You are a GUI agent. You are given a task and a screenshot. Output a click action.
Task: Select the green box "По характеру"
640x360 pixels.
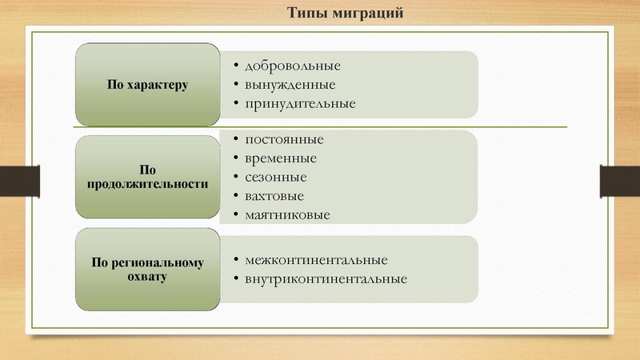(147, 84)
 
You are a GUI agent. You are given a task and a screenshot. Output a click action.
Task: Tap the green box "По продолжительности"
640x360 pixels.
(147, 177)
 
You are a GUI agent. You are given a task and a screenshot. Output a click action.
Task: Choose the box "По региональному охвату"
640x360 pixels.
(147, 269)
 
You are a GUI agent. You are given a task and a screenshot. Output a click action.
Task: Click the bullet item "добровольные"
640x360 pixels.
(294, 65)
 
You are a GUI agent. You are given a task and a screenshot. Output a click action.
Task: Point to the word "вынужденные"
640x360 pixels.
(291, 85)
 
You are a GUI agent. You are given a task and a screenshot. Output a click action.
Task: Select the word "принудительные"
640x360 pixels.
(301, 104)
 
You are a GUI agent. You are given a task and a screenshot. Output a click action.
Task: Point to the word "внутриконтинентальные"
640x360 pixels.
(326, 279)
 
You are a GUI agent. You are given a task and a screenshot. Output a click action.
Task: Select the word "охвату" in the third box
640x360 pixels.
(147, 276)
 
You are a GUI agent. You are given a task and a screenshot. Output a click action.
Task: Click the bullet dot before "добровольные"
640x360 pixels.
(229, 66)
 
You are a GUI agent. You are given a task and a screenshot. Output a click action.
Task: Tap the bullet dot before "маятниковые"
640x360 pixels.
(229, 216)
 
